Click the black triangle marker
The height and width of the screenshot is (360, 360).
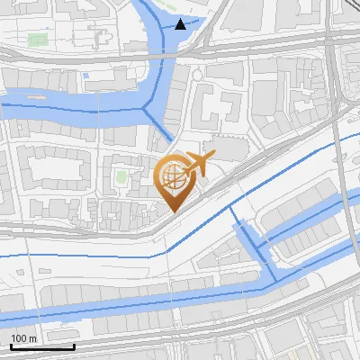tap(182, 24)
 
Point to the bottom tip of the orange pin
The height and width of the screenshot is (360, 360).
tap(172, 211)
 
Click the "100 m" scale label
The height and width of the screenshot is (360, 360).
tap(23, 338)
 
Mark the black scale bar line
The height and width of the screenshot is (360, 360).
tap(41, 346)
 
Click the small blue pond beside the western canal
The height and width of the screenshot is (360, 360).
tap(86, 76)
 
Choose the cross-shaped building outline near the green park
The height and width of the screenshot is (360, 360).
tap(100, 39)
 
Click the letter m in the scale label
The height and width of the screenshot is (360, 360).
tap(32, 338)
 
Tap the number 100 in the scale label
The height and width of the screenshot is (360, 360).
tap(19, 338)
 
